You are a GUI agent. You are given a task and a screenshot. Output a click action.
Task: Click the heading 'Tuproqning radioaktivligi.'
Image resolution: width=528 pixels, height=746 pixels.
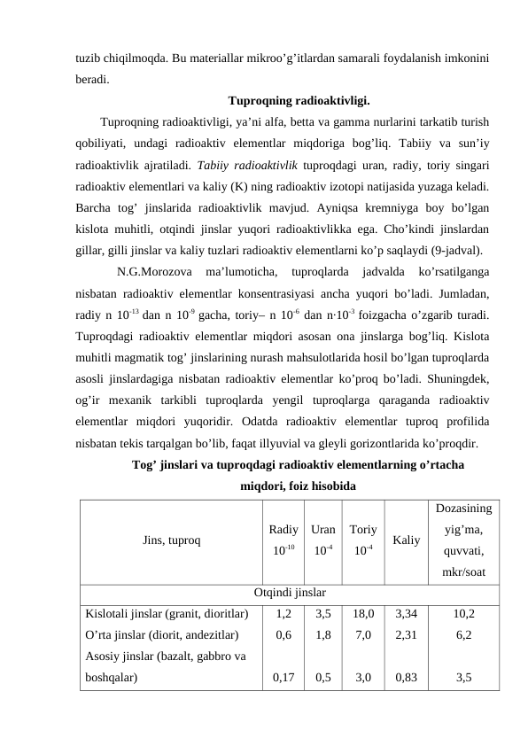pyautogui.click(x=299, y=100)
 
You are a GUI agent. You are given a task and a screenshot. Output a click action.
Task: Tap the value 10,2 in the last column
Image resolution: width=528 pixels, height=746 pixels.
pyautogui.click(x=465, y=612)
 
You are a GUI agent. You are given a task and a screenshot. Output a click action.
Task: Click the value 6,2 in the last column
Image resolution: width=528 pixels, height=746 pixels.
pyautogui.click(x=465, y=634)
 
